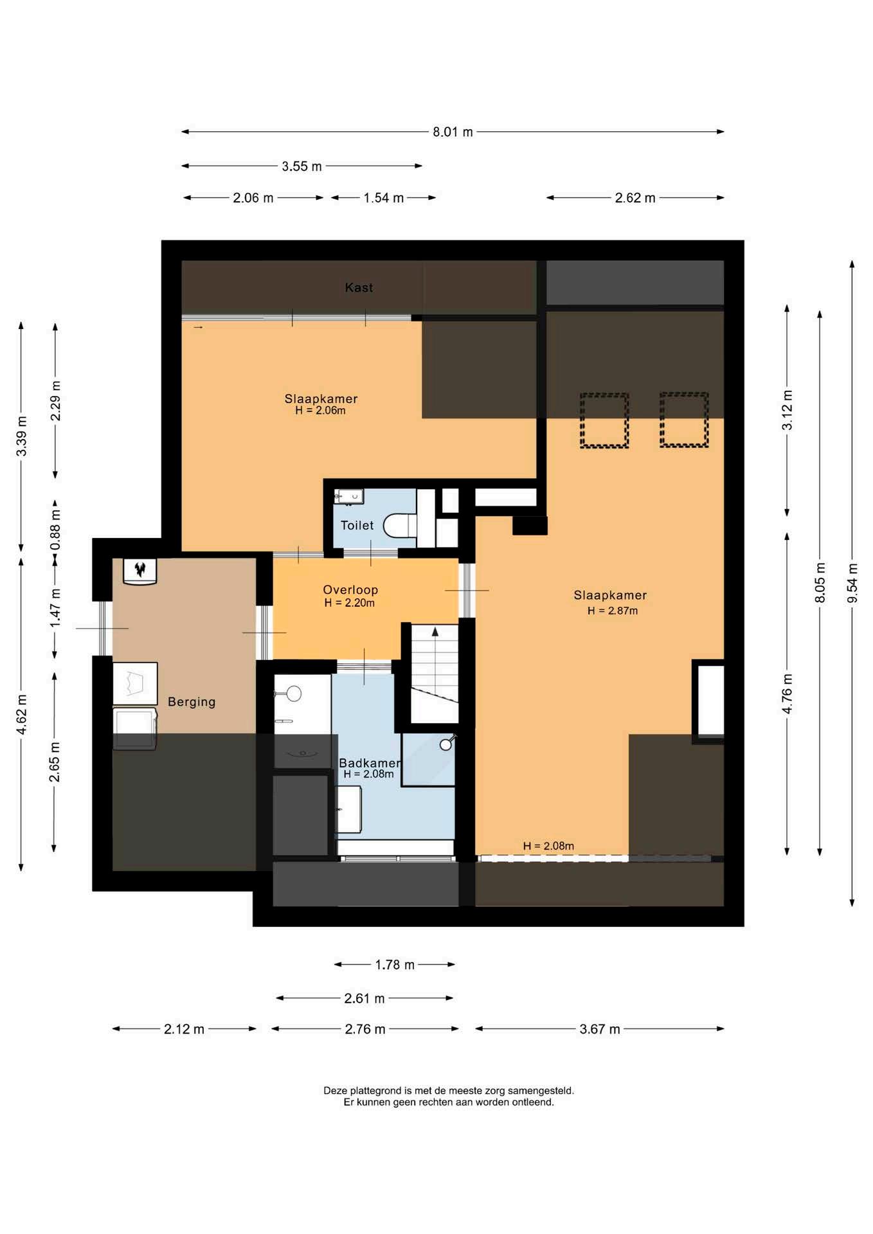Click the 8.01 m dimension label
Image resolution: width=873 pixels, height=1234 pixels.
tap(453, 132)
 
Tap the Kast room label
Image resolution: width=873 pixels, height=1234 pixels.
tap(359, 287)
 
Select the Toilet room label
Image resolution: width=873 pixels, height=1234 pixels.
tap(357, 525)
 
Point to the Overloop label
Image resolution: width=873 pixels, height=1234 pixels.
tap(350, 589)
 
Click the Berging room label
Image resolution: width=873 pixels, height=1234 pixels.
tap(192, 702)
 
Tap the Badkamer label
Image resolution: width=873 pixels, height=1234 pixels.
tap(370, 763)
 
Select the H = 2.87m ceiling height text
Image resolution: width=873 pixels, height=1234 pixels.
tap(613, 611)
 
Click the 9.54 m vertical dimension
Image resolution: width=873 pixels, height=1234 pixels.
tap(852, 583)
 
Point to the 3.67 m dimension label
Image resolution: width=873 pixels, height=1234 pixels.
tap(600, 1029)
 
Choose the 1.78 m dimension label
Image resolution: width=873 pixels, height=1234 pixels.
tap(395, 965)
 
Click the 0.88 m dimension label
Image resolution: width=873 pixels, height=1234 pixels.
tap(55, 529)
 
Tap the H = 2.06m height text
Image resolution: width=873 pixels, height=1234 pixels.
tap(320, 410)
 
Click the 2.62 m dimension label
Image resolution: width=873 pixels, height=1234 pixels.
tap(635, 198)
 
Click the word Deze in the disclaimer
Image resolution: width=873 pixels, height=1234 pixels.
tap(335, 1091)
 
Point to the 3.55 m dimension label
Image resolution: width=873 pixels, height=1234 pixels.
tap(301, 166)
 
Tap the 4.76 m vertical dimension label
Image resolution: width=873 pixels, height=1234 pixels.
tap(788, 693)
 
